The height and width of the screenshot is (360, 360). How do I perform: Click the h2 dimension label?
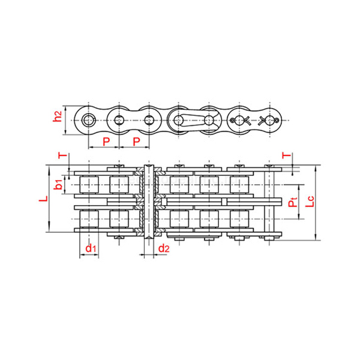pyautogui.click(x=57, y=116)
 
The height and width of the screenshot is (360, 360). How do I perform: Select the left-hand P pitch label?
pyautogui.click(x=106, y=142)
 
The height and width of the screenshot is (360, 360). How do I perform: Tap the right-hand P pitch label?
pyautogui.click(x=136, y=142)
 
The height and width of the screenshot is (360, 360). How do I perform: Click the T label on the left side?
pyautogui.click(x=62, y=156)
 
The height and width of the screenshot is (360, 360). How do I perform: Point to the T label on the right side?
pyautogui.click(x=286, y=156)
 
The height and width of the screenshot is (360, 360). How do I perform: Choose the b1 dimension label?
pyautogui.click(x=58, y=184)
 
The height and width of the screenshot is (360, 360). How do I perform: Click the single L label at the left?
pyautogui.click(x=43, y=199)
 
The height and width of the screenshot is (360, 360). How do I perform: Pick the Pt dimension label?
pyautogui.click(x=293, y=202)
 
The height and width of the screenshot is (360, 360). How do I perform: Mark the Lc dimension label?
pyautogui.click(x=310, y=202)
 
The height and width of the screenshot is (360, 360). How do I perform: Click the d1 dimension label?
pyautogui.click(x=91, y=248)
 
